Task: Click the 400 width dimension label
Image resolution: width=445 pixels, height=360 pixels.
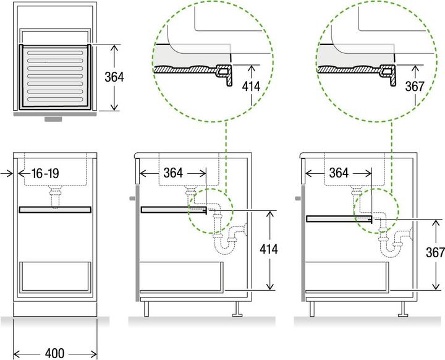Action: (x=55, y=353)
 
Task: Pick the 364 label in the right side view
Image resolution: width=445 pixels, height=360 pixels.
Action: (x=338, y=173)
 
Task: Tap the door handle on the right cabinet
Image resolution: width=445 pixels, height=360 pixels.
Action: (x=298, y=199)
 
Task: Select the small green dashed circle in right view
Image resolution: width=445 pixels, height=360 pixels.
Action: (x=374, y=210)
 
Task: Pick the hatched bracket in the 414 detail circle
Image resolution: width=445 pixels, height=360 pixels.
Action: (x=223, y=75)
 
